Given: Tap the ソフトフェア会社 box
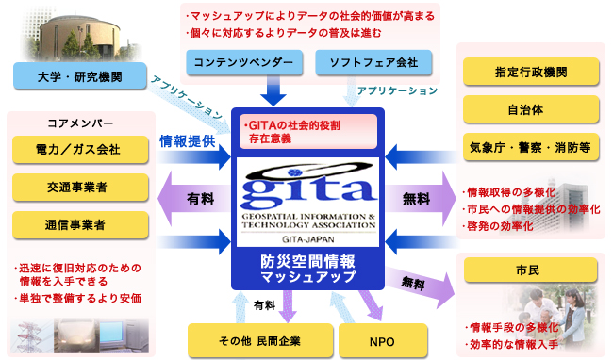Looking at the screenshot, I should [373, 63].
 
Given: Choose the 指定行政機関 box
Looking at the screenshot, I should [530, 73].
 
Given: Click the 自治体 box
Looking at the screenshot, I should [530, 109].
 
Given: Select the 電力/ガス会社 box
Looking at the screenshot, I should [80, 150].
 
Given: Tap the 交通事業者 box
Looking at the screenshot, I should [80, 187].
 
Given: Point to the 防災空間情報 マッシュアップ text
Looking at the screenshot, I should [306, 270].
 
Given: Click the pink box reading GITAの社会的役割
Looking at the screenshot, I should [306, 131].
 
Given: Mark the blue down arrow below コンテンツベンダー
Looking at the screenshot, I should [274, 94].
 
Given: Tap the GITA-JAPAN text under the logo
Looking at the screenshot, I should [306, 241].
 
